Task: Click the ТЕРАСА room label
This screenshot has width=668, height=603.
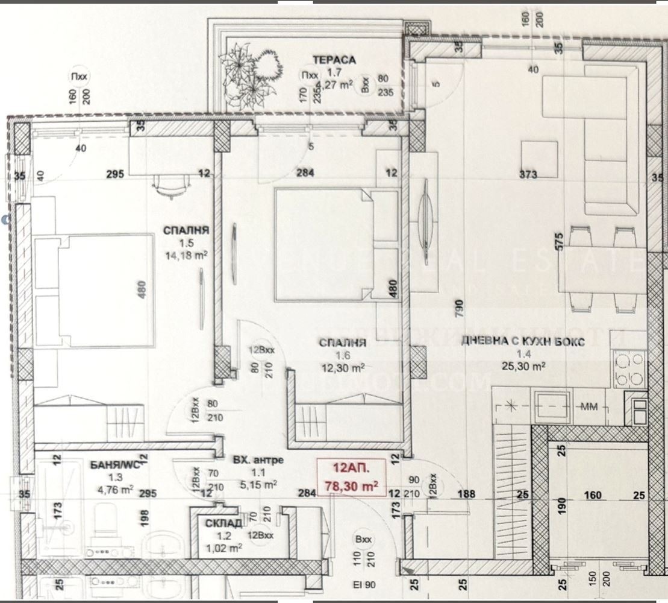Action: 334,60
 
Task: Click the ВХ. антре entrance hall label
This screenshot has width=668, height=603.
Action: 258,460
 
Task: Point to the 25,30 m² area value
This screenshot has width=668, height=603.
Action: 523,365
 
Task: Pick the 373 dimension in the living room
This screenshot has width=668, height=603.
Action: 528,174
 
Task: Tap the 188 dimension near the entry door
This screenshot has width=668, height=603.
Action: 466,494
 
